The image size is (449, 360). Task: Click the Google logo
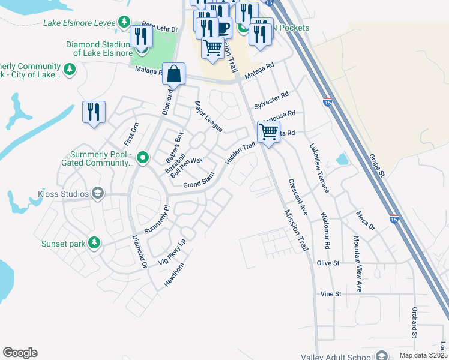click(x=20, y=353)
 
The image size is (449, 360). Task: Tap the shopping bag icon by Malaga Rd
click(x=173, y=74)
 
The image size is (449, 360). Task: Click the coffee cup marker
click(x=223, y=27)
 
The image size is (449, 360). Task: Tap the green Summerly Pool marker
click(x=143, y=158)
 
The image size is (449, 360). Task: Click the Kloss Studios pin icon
click(x=98, y=194)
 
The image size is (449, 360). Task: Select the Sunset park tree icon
click(x=94, y=242)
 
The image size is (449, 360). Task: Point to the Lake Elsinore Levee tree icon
click(x=124, y=22)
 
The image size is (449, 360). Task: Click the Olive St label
click(x=328, y=263)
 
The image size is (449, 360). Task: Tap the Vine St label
click(x=331, y=294)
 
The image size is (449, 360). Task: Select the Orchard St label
click(x=414, y=324)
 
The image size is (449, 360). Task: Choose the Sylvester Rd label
click(x=271, y=98)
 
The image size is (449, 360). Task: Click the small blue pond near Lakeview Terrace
click(x=342, y=159)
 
